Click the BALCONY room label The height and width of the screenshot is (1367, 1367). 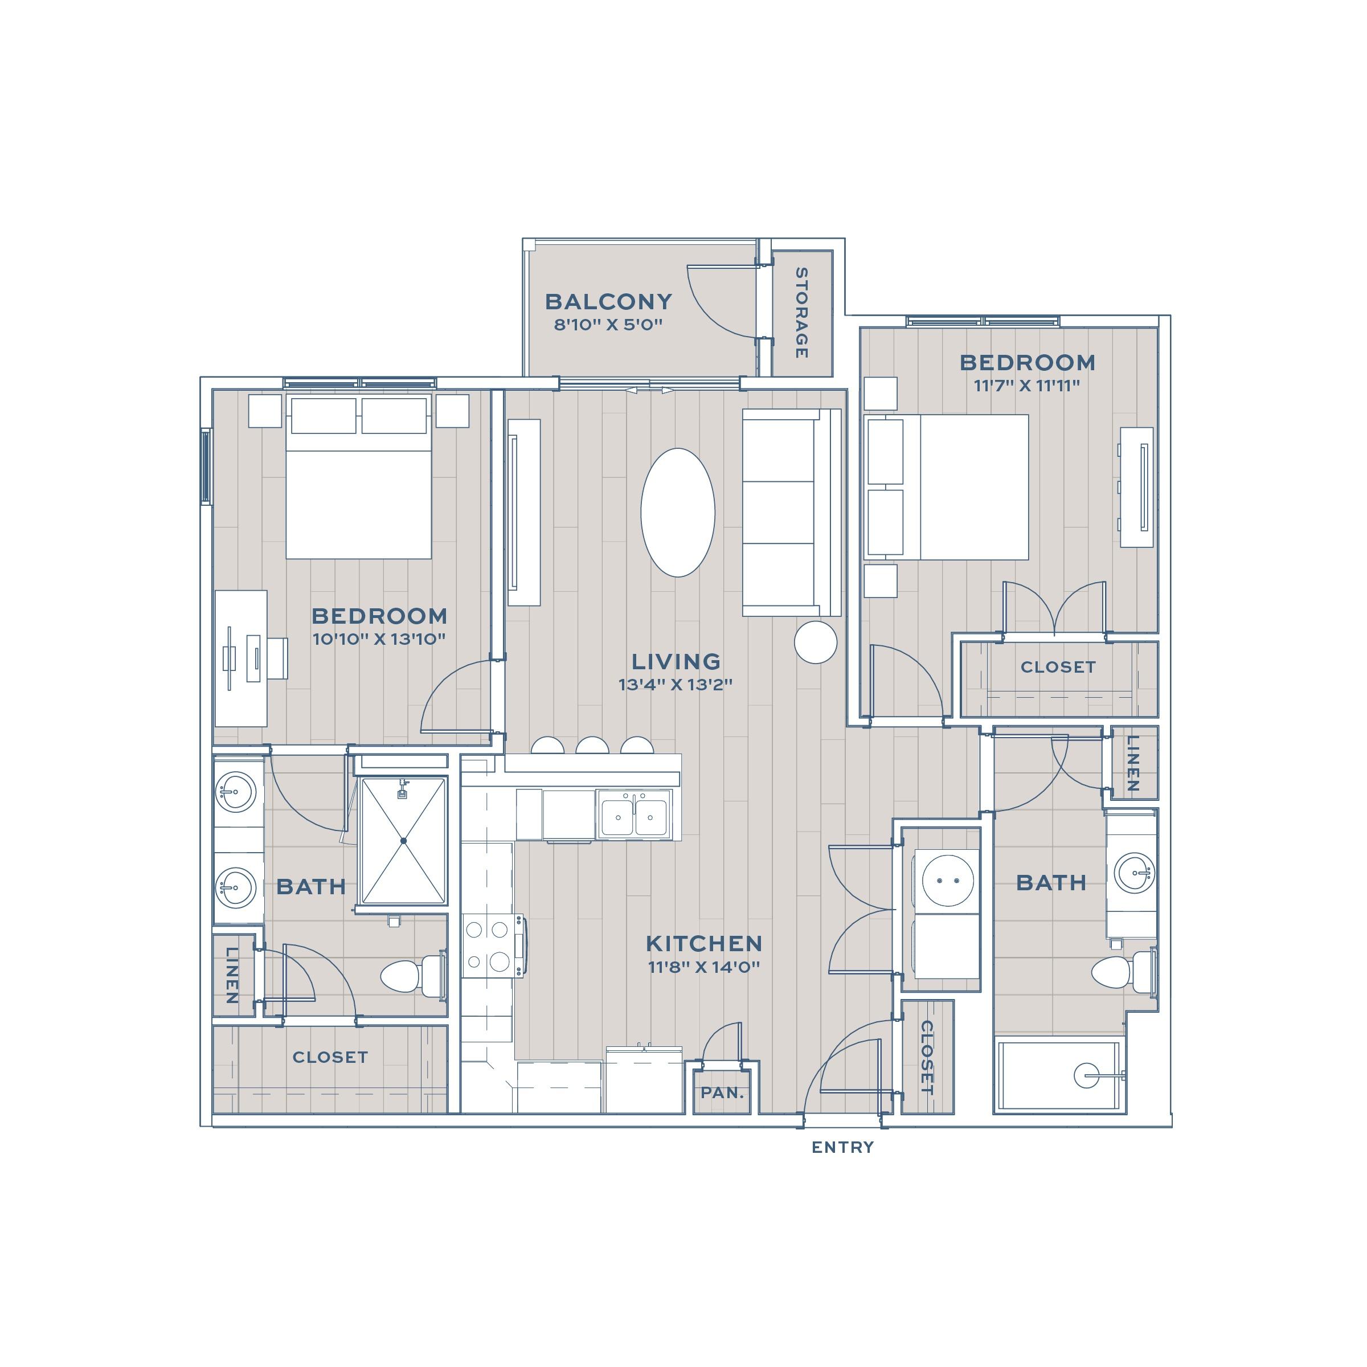click(608, 301)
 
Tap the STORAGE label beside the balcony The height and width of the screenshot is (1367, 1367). click(801, 313)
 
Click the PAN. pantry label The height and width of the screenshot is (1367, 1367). click(722, 1092)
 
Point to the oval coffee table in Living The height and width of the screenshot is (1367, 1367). click(678, 512)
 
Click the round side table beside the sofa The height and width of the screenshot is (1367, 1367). click(816, 642)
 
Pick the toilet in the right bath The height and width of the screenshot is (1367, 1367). click(1124, 972)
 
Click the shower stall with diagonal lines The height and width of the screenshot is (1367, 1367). click(403, 841)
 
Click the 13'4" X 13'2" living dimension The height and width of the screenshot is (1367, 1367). click(675, 684)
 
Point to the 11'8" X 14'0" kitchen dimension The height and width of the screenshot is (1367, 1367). click(704, 967)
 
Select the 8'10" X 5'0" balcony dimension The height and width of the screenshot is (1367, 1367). click(608, 325)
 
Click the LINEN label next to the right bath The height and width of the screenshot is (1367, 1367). click(1133, 763)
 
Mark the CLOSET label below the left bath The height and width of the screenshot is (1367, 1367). click(330, 1057)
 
